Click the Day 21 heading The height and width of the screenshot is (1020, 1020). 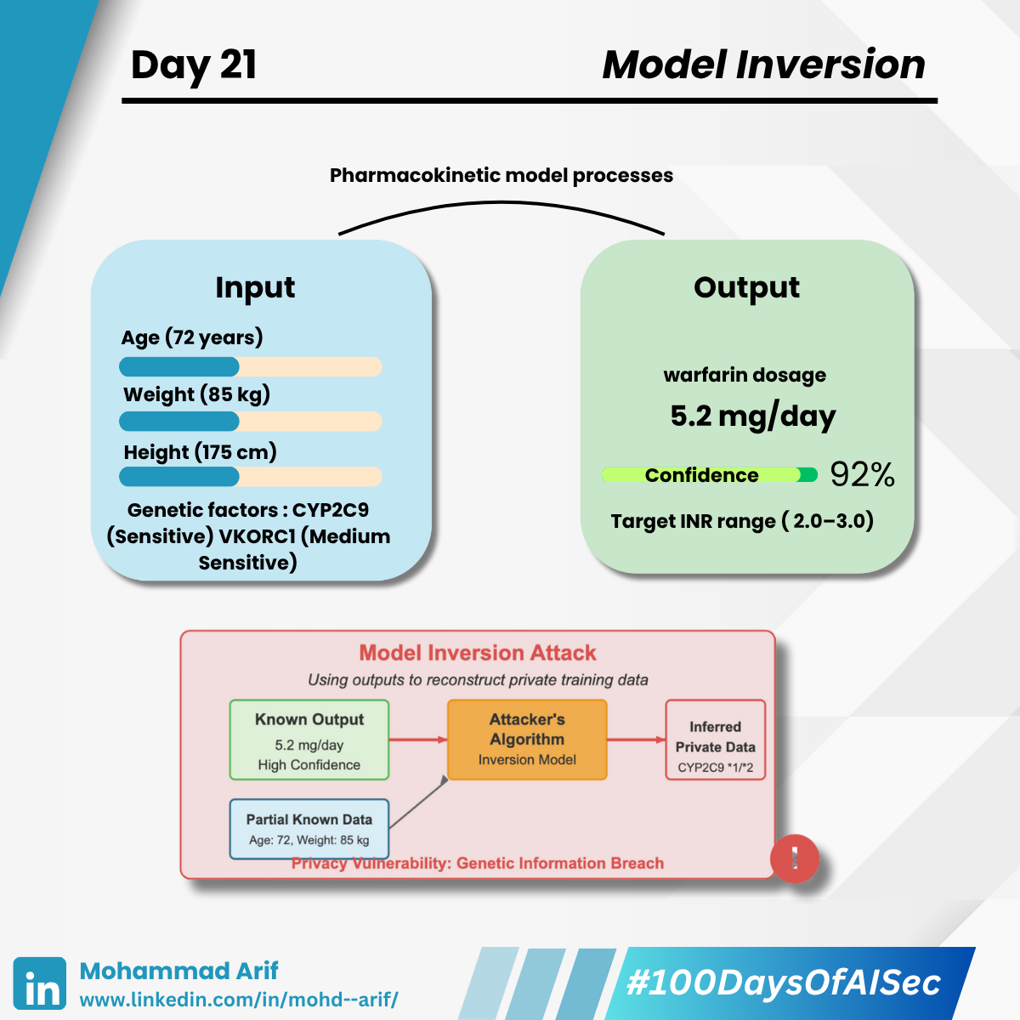point(194,65)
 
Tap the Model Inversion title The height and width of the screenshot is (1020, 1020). point(764,65)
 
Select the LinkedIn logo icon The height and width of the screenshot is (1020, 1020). point(40,983)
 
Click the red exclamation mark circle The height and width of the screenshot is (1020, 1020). point(794,858)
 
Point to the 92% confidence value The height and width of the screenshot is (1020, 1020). point(862,474)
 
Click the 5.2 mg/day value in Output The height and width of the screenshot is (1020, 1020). point(753,416)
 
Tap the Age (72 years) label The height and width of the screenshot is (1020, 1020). point(191,337)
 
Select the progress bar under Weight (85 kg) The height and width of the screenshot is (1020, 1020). point(251,422)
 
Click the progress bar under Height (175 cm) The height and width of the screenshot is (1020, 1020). point(251,476)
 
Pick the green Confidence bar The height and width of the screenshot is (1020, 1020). point(709,475)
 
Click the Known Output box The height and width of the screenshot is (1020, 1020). point(309,739)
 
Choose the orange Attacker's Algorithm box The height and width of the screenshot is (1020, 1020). point(527,739)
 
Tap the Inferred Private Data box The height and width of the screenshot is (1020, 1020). point(715,739)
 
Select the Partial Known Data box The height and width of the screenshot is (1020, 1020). point(309,829)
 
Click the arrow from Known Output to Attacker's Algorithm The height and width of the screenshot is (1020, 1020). point(418,739)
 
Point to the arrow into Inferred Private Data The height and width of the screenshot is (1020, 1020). point(637,739)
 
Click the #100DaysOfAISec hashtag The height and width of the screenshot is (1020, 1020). point(784,983)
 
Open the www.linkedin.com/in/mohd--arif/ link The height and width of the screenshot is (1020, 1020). point(239,1000)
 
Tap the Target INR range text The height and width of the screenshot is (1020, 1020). point(742,521)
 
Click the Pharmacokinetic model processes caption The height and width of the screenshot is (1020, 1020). point(501,175)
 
